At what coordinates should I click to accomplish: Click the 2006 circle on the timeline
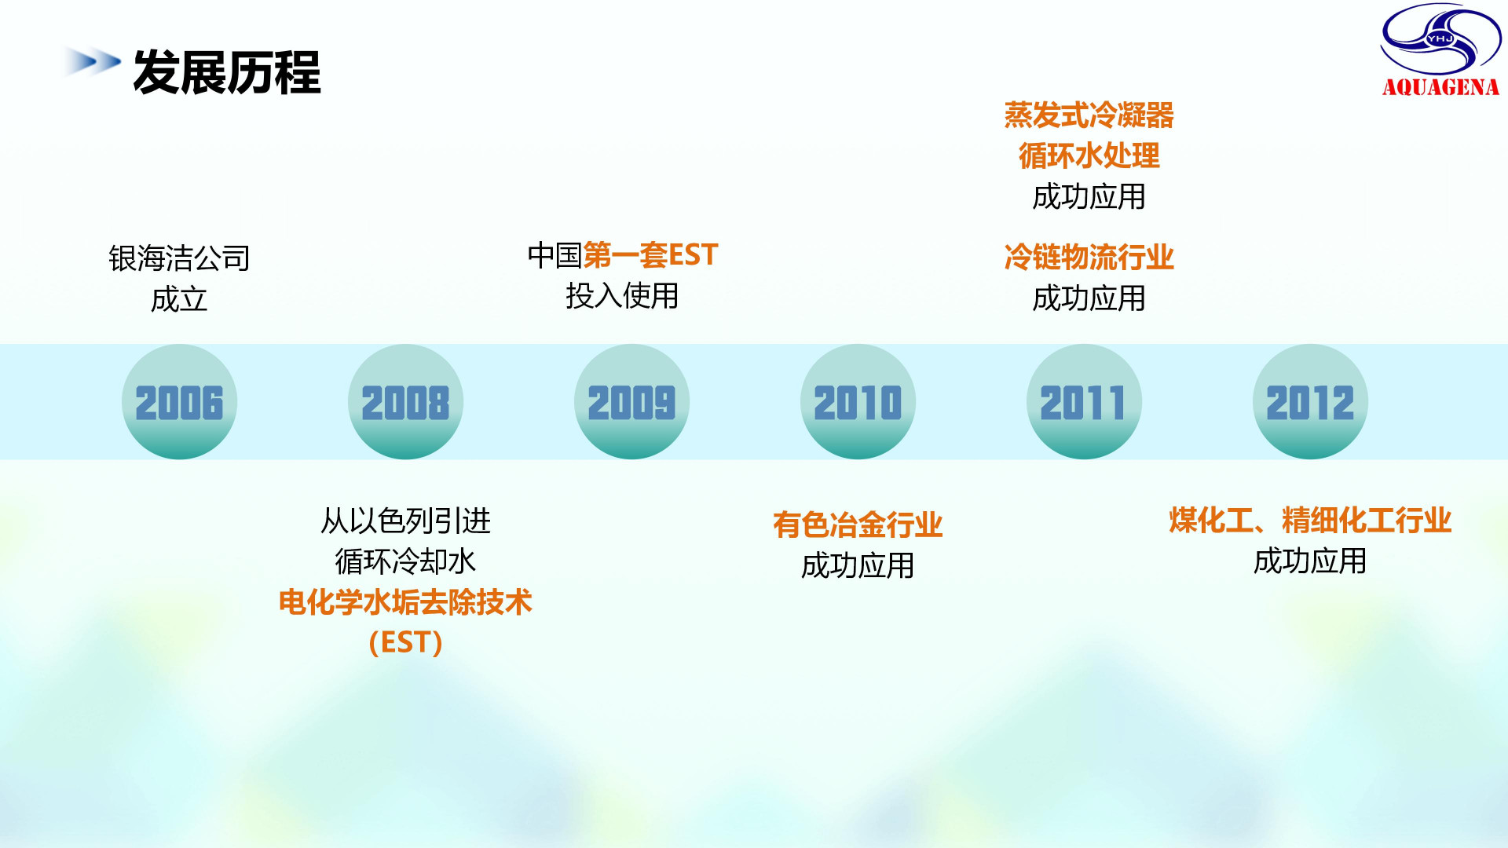pos(179,401)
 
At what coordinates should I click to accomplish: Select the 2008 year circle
pos(405,401)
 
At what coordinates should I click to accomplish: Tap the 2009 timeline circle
pos(631,401)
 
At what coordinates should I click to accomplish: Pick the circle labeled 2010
pos(858,401)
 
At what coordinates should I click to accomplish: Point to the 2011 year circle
pos(1084,401)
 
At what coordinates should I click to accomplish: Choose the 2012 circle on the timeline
pos(1310,401)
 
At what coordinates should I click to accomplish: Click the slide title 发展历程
pos(227,72)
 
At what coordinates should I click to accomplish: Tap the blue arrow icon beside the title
pos(93,61)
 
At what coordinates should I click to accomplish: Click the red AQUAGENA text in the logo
pos(1440,87)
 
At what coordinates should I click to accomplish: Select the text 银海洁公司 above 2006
pos(179,258)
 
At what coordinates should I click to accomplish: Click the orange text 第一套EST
pos(650,254)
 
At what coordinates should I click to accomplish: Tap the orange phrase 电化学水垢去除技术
pos(405,602)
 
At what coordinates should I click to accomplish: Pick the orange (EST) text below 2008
pos(405,643)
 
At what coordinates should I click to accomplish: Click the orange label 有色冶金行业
pos(858,525)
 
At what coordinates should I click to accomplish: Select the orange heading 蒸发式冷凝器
pos(1089,115)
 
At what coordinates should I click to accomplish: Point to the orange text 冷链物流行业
pos(1089,257)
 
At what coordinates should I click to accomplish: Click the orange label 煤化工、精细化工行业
pos(1310,520)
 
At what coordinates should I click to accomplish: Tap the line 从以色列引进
pos(405,521)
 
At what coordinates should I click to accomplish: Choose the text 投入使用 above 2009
pos(622,296)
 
